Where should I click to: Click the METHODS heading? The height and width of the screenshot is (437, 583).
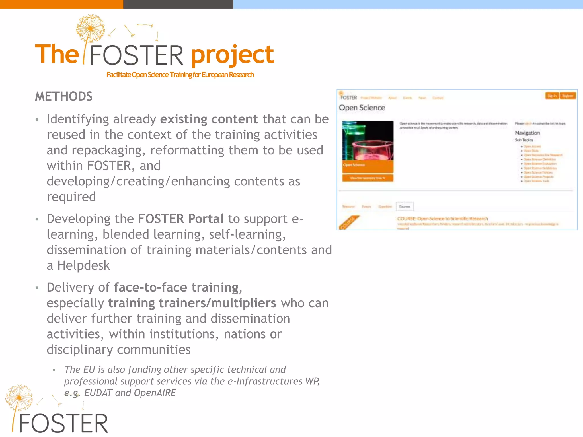tap(63, 97)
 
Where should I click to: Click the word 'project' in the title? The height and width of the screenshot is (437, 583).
tap(232, 55)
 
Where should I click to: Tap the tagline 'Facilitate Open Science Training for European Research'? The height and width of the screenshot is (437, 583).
tap(180, 75)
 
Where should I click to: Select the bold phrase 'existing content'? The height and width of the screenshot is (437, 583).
tap(209, 119)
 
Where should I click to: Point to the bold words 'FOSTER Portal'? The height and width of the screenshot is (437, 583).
tap(180, 219)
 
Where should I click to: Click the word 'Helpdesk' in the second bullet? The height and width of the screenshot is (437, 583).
tap(83, 266)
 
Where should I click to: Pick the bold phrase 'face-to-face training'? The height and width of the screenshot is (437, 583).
tap(176, 288)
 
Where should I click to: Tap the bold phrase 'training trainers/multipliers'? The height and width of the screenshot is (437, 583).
tap(192, 303)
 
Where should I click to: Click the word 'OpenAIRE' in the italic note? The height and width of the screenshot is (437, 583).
tap(155, 393)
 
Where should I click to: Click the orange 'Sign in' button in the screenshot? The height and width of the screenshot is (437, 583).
tap(552, 96)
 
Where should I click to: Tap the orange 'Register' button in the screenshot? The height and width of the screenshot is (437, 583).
tap(568, 96)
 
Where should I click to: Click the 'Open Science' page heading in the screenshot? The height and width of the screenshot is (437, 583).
tap(362, 108)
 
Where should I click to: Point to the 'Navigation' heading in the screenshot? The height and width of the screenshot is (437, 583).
tap(527, 133)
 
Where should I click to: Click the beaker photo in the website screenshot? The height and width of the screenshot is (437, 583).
tap(368, 141)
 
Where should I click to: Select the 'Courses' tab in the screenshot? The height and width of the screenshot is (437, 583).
tap(405, 207)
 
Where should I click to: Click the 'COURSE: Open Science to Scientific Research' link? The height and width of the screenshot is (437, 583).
tap(442, 218)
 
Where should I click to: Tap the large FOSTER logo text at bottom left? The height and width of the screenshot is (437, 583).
tap(63, 424)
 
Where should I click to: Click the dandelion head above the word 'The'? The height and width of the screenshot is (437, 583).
tap(90, 28)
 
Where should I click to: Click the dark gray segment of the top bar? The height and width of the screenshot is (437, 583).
tap(178, 4)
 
